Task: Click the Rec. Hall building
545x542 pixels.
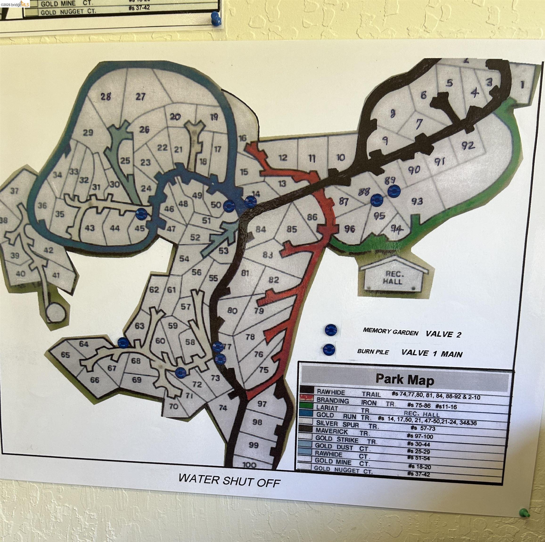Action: (393, 278)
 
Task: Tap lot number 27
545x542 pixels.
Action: (140, 97)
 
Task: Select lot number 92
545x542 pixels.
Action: (468, 145)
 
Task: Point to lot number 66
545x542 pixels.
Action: (94, 380)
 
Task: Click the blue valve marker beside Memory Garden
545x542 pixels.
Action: (331, 330)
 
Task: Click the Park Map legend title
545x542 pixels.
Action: (405, 380)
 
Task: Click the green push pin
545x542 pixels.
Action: (524, 512)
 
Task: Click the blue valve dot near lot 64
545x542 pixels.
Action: (123, 343)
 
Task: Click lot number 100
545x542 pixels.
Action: (249, 465)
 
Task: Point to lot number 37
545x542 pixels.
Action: (14, 191)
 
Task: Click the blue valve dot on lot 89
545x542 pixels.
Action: (394, 191)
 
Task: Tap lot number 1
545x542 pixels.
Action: (522, 84)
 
